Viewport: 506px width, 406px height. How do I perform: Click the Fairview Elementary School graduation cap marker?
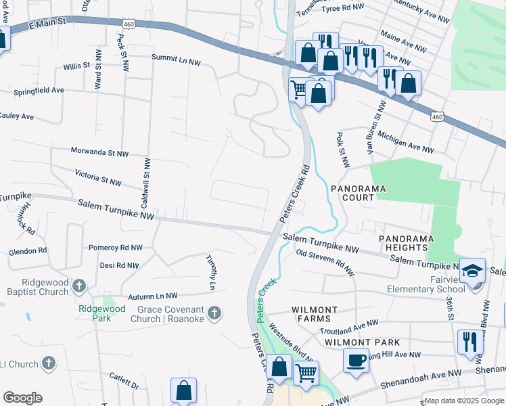tap(472, 270)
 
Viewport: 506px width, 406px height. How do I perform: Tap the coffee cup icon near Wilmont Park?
tap(356, 359)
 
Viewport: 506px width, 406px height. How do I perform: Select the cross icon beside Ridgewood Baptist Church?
tap(78, 286)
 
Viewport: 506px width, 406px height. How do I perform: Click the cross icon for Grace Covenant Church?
tap(214, 312)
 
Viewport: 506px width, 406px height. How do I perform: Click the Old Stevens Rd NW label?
tap(325, 263)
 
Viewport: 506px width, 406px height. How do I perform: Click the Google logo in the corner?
tap(22, 398)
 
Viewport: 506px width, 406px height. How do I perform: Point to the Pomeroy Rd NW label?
tap(115, 248)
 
